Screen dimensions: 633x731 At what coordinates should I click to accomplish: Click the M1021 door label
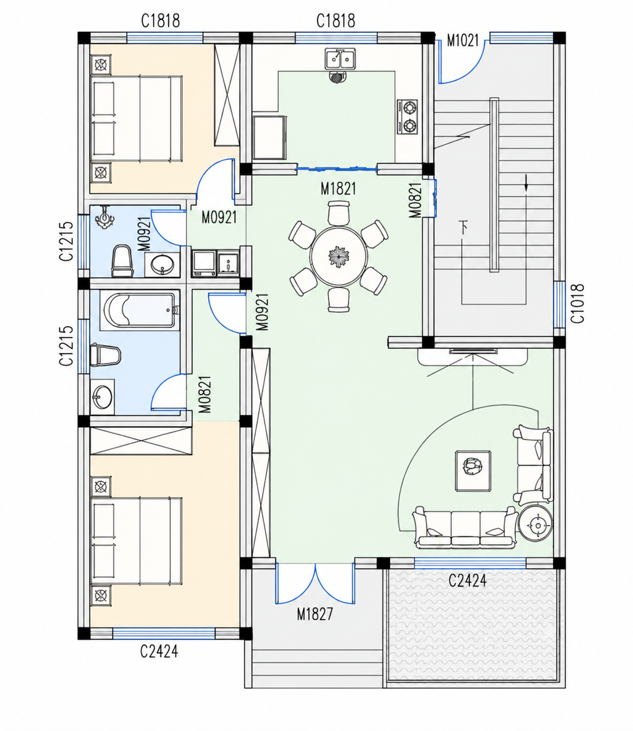pyautogui.click(x=463, y=41)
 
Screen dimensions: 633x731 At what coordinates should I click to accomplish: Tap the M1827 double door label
pyautogui.click(x=315, y=614)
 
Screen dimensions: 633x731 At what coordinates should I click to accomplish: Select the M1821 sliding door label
pyautogui.click(x=338, y=189)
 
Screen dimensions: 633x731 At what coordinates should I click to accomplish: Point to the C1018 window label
pyautogui.click(x=578, y=304)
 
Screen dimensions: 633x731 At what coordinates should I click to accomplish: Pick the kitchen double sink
pyautogui.click(x=340, y=59)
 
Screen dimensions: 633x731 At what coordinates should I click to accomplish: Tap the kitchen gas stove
pyautogui.click(x=407, y=117)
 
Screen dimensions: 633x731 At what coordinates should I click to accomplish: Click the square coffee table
pyautogui.click(x=473, y=471)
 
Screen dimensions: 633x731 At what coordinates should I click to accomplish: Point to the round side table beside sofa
pyautogui.click(x=535, y=526)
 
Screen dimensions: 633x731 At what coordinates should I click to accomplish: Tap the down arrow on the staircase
pyautogui.click(x=526, y=183)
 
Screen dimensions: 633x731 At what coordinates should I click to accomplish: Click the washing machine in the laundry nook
pyautogui.click(x=204, y=264)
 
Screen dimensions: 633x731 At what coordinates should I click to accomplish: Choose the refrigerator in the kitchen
pyautogui.click(x=269, y=137)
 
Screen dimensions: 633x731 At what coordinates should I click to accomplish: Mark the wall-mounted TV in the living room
pyautogui.click(x=473, y=351)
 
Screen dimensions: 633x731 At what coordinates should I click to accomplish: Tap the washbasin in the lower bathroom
pyautogui.click(x=103, y=397)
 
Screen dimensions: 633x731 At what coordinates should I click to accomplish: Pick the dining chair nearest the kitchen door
pyautogui.click(x=338, y=213)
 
